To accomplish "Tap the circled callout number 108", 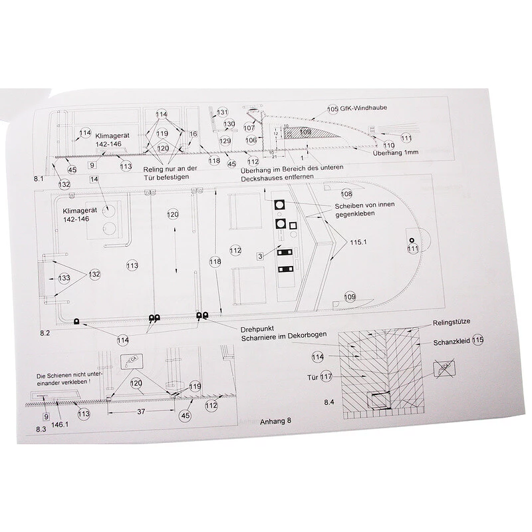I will (x=346, y=194).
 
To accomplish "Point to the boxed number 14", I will (x=94, y=180).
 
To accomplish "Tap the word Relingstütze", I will (x=452, y=322).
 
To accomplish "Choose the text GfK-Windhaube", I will (x=365, y=108).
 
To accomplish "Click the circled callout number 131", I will (x=222, y=112).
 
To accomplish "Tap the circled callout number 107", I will (x=249, y=127).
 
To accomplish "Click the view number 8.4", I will (x=329, y=402).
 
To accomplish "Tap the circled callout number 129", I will (x=225, y=141).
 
